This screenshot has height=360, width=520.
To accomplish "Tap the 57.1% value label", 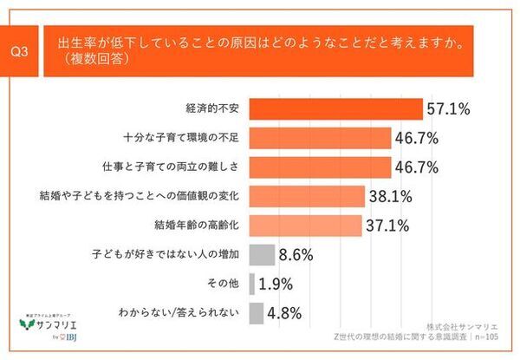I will pos(448,109).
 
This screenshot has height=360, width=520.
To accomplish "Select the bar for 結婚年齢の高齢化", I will pos(305,226).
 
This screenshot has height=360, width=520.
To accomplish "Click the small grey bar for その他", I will pos(251,284).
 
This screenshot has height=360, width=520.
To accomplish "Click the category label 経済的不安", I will pos(214,109).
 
